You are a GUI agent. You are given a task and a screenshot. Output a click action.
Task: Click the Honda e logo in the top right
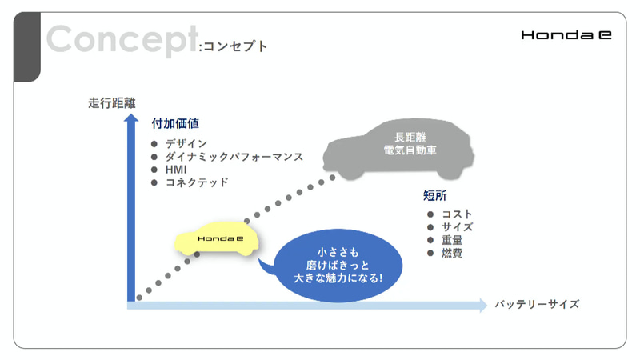pos(566,35)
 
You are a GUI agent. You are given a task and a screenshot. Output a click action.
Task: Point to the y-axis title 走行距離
pos(112,103)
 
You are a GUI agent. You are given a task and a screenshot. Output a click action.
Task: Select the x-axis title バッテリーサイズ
pos(536,305)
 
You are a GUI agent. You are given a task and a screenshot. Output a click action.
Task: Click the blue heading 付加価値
pos(174,124)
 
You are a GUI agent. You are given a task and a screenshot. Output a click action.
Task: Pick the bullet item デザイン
pos(186,143)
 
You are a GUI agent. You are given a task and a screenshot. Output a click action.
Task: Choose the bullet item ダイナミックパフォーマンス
pos(234,156)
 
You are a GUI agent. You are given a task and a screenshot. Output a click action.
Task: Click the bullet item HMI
pos(177,170)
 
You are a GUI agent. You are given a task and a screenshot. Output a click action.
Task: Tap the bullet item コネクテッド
pos(197,182)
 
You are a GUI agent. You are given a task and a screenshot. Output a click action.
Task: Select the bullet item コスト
pos(458,214)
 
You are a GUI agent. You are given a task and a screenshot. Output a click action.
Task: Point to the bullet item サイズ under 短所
pos(458,227)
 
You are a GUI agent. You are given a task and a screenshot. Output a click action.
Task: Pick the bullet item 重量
pos(452,240)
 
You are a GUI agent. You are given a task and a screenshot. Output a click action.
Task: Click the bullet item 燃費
pos(452,253)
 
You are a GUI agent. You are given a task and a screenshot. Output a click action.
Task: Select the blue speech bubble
pos(330,266)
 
